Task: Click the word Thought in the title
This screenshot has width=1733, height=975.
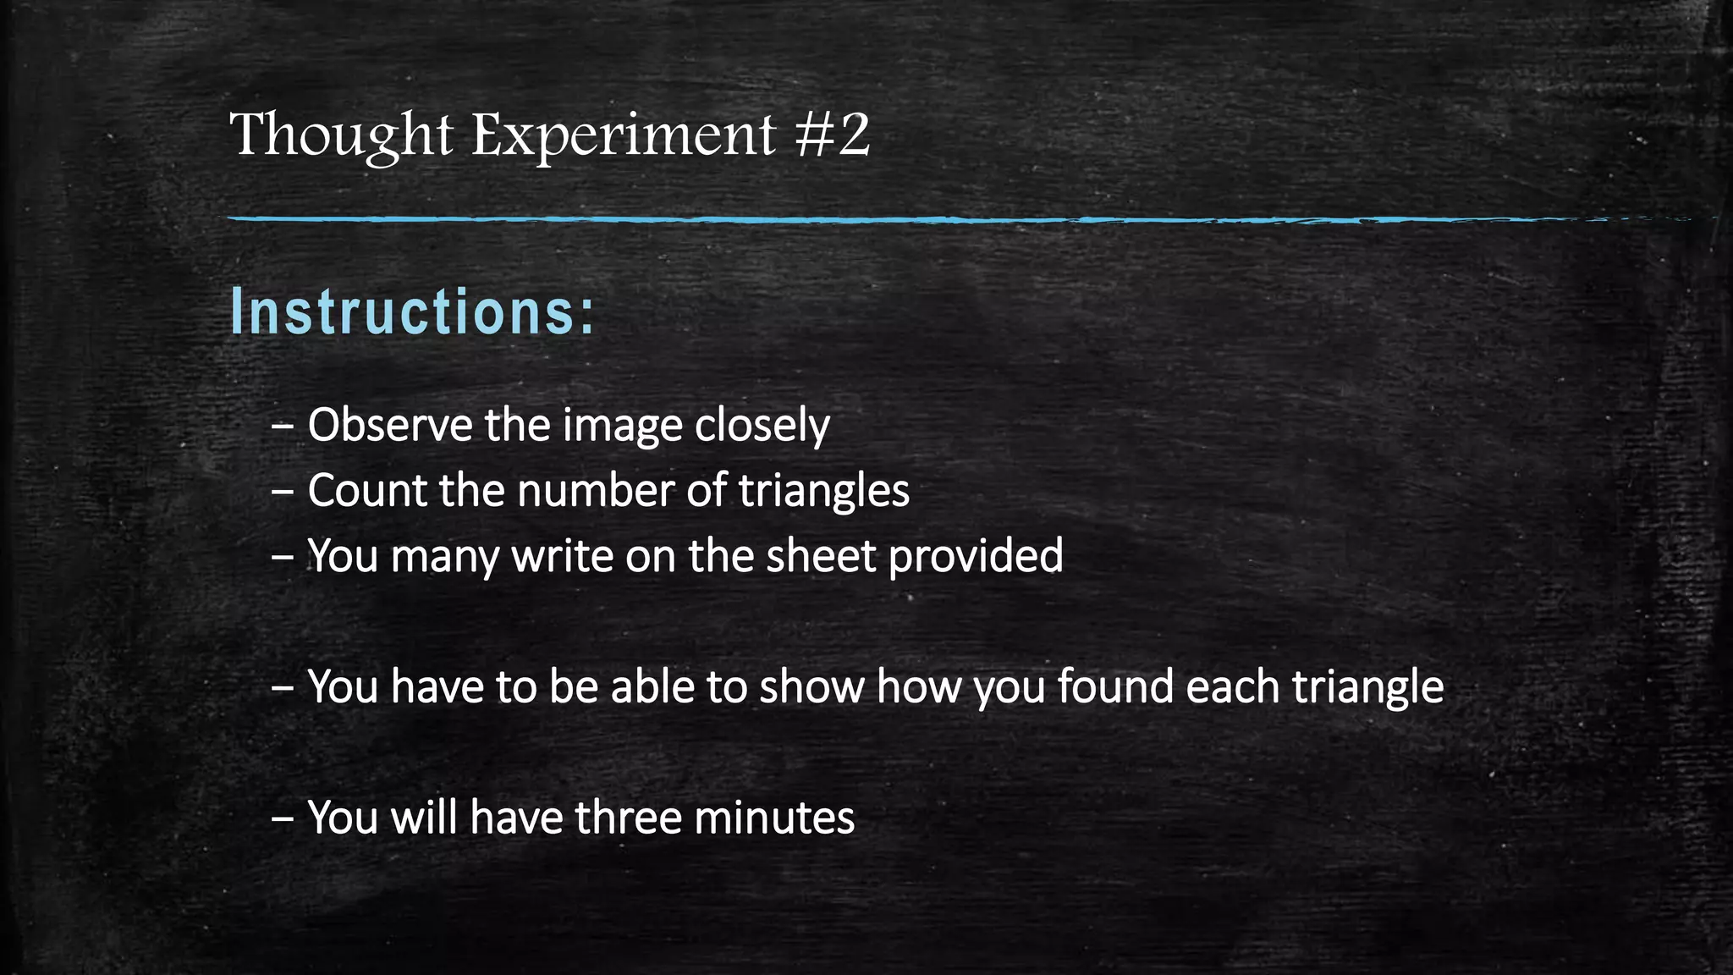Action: click(341, 135)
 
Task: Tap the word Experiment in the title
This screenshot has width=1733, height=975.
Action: click(623, 135)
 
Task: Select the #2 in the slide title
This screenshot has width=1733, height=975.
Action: click(833, 135)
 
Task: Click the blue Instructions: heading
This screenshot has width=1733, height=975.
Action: click(413, 312)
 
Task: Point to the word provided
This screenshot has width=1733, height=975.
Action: click(976, 556)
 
